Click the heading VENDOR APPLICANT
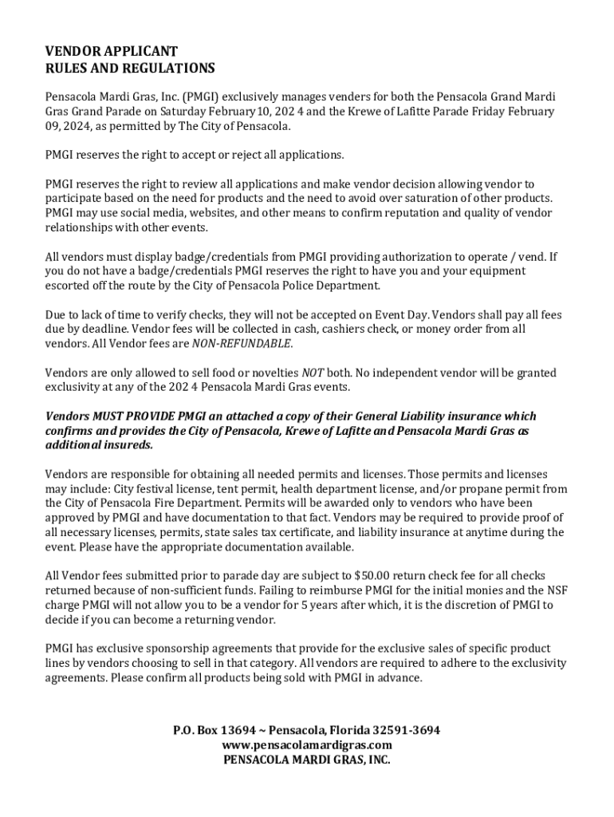point(112,52)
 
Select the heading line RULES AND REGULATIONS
point(130,69)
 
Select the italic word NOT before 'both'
point(312,373)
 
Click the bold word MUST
point(111,416)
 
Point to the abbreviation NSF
point(556,590)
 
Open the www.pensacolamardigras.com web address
point(307,745)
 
